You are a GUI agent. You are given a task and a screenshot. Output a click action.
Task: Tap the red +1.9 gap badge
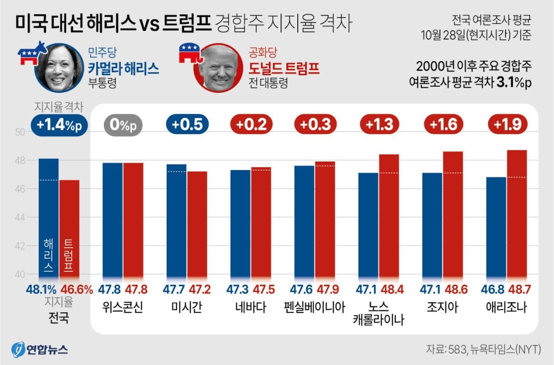coord(507,125)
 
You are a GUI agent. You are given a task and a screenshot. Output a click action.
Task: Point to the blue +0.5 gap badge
coord(187,125)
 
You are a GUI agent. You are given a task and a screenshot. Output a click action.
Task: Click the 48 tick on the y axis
coord(20,161)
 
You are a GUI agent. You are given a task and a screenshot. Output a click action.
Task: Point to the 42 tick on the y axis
coord(20,246)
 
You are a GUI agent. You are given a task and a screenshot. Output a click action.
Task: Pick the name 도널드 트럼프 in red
coord(284,68)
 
